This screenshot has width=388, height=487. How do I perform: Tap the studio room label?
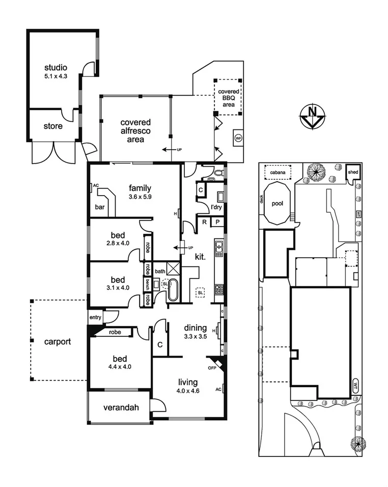point(56,68)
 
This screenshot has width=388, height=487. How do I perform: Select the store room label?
point(53,126)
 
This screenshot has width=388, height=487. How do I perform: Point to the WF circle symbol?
point(238,138)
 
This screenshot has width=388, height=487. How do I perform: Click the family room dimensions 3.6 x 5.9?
point(140,197)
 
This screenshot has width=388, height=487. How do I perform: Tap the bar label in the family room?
point(100,207)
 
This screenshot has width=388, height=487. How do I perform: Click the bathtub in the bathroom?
point(173,290)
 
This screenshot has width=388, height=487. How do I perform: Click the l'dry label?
point(217,207)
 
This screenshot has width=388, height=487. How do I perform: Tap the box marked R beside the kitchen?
point(204,222)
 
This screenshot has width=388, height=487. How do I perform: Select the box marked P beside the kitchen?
point(217,222)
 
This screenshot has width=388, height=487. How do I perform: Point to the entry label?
point(95,318)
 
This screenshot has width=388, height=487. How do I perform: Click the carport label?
point(57,341)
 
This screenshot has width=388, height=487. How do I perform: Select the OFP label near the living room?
point(212,367)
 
